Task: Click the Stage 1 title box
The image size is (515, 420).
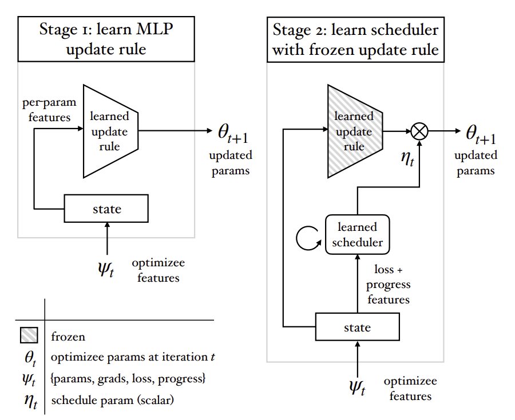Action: click(106, 39)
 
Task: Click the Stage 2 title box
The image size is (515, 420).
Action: click(355, 39)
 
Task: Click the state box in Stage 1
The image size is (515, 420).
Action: click(106, 209)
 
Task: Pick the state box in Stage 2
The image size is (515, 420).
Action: click(357, 327)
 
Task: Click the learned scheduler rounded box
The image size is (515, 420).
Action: click(357, 234)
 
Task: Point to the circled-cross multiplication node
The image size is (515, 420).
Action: click(420, 131)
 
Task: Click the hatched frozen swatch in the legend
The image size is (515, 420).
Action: click(29, 337)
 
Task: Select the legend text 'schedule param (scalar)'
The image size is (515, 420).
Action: click(112, 400)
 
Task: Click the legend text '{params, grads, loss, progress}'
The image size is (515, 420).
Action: click(128, 379)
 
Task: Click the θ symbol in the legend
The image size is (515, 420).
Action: click(30, 358)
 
